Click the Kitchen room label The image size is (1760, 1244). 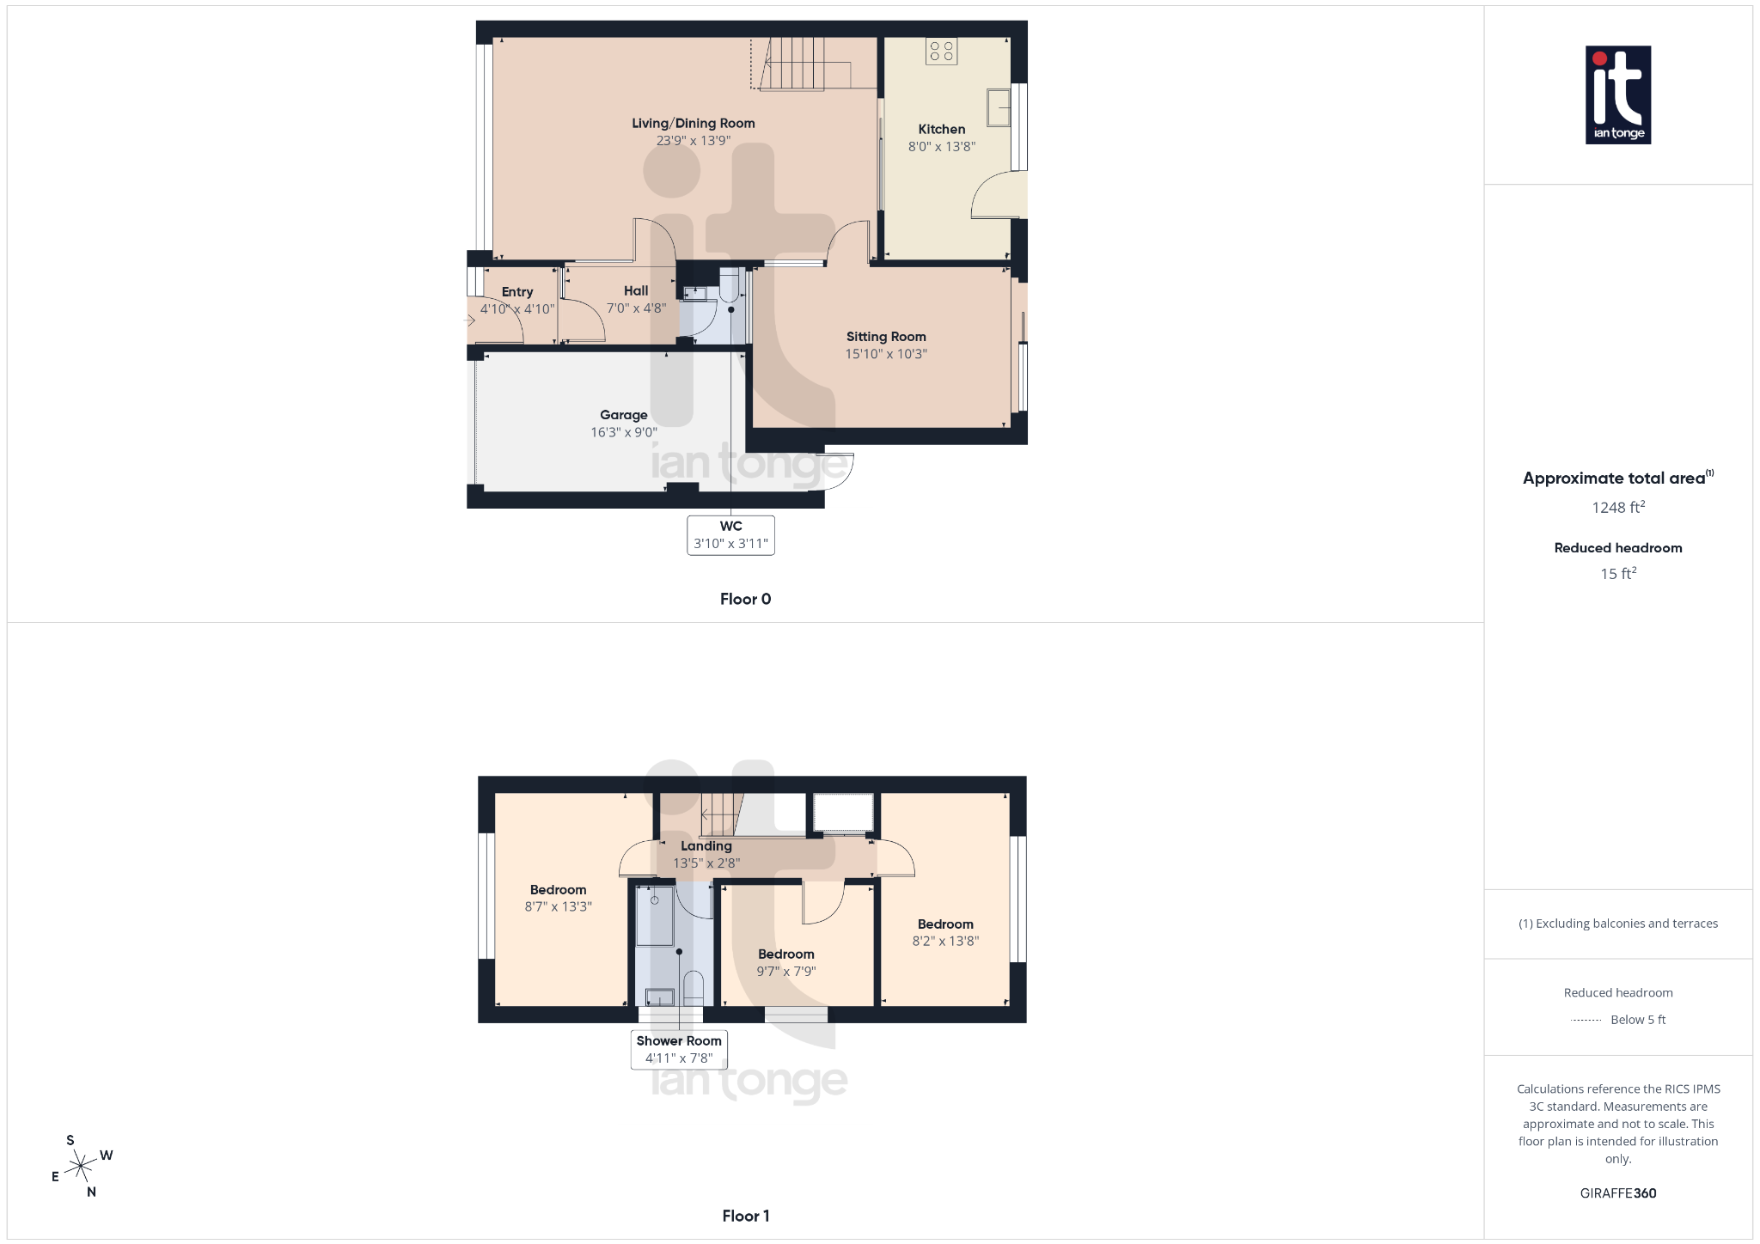(941, 130)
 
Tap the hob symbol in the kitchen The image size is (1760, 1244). (941, 52)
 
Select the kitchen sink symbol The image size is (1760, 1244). (998, 108)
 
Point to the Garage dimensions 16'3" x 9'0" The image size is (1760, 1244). (623, 432)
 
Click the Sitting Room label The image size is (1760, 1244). (885, 337)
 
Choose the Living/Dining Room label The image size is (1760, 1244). (693, 124)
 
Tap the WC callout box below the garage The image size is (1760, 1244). (730, 535)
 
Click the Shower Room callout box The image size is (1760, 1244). (679, 1049)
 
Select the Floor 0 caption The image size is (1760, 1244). (745, 599)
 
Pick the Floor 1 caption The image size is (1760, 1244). (745, 1216)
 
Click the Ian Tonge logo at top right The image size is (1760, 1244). (1617, 95)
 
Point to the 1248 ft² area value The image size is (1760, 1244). (1617, 508)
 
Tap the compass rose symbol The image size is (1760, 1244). (81, 1166)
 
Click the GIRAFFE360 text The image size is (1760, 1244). (1617, 1193)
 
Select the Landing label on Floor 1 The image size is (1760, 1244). (706, 846)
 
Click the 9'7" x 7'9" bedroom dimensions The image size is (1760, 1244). (785, 972)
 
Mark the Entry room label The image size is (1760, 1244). (516, 292)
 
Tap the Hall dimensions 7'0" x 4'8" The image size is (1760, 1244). (636, 308)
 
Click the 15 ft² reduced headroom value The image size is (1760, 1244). (1617, 574)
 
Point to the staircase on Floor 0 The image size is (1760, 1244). (796, 64)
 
